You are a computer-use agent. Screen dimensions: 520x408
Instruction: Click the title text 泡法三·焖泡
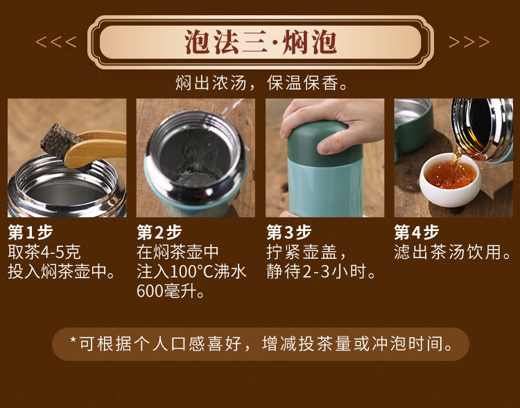tap(260, 42)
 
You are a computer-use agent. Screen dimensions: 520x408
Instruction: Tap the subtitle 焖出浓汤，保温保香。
tap(262, 83)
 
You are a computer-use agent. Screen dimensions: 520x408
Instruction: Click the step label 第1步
tap(31, 232)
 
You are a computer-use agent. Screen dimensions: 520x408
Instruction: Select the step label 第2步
tap(159, 232)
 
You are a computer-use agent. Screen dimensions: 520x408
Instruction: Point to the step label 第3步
tap(289, 232)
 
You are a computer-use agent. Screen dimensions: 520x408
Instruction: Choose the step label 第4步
tap(417, 232)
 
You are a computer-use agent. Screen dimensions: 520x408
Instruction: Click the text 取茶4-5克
tap(44, 252)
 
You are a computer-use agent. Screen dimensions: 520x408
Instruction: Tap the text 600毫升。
tap(171, 291)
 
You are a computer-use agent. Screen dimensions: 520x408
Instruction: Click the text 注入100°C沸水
tap(191, 271)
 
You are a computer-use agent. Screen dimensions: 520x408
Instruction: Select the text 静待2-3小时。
tap(321, 271)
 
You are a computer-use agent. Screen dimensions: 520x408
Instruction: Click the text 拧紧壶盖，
tap(306, 252)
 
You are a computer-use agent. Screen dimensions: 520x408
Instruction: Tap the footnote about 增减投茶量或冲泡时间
tap(261, 344)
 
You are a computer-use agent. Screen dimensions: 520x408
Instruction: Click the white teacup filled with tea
tap(450, 180)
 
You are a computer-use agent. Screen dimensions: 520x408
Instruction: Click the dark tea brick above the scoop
tap(59, 139)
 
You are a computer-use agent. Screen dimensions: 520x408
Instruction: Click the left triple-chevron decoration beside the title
tap(56, 42)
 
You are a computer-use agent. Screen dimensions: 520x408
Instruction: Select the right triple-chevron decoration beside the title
tap(469, 42)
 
